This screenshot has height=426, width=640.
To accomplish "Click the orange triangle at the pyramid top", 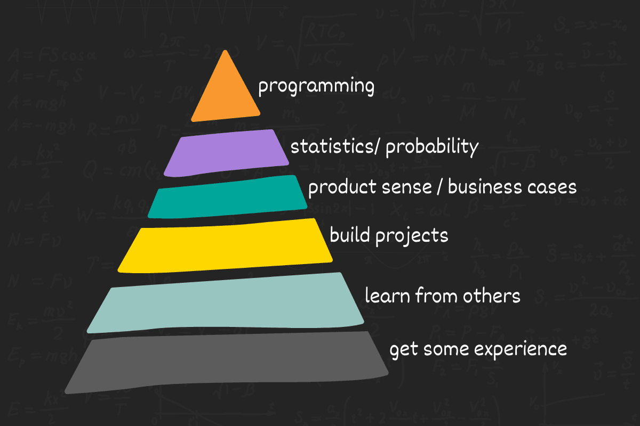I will (x=226, y=93).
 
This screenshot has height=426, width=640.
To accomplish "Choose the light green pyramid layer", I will (x=226, y=302).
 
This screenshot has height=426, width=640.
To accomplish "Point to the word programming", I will (x=316, y=87).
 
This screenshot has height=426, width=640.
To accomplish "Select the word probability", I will (x=431, y=147).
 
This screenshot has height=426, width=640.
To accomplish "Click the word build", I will (x=350, y=234).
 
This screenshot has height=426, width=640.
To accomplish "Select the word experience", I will (x=520, y=351).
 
